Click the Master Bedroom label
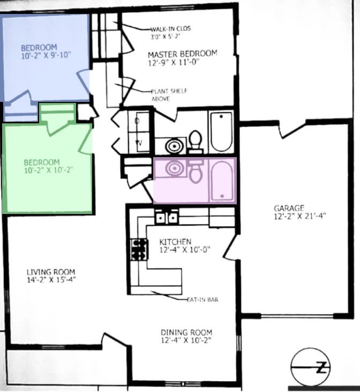tap(182, 58)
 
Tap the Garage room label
tap(289, 208)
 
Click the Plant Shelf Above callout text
tap(169, 95)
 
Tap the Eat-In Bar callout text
tap(202, 299)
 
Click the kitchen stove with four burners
tap(139, 249)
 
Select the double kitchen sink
tap(167, 218)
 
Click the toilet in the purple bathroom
tap(196, 171)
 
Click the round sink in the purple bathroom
tap(174, 168)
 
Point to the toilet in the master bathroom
tap(196, 142)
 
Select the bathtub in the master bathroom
tap(222, 131)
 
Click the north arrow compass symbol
tap(310, 367)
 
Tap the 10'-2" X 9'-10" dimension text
tap(46, 55)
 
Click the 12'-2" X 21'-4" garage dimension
tap(300, 216)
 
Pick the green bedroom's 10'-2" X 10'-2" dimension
tap(49, 170)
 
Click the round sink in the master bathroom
tap(174, 145)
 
